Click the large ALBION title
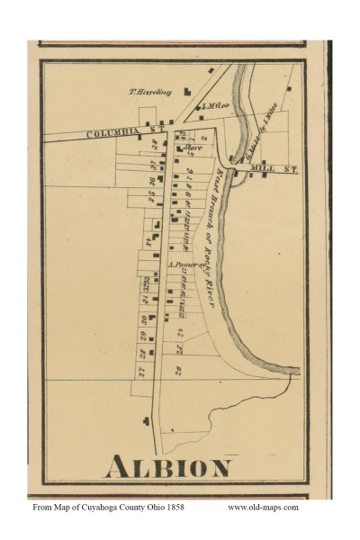(167, 468)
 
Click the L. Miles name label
(214, 107)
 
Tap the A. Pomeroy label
(184, 265)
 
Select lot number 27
(141, 370)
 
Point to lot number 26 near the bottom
(179, 370)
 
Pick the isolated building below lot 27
(147, 420)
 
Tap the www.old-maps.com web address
(263, 508)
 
